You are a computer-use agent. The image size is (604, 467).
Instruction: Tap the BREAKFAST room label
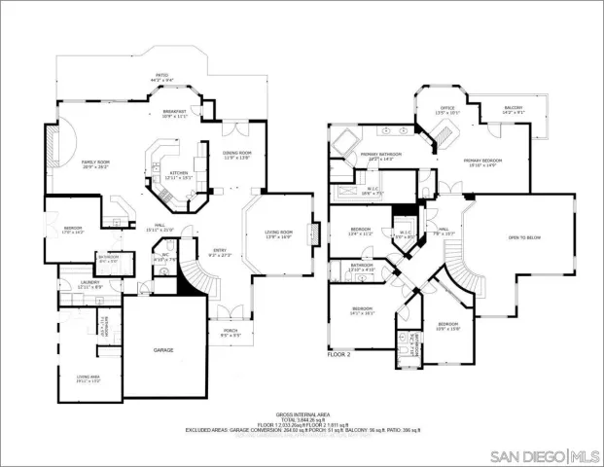tap(175, 112)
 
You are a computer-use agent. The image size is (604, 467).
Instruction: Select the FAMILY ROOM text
tap(95, 162)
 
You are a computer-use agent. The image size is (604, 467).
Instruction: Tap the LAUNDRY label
tap(90, 282)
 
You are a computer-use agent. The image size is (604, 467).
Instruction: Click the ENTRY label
tap(221, 251)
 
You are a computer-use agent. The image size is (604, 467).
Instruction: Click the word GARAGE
tap(163, 348)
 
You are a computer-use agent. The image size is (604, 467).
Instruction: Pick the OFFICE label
tap(447, 108)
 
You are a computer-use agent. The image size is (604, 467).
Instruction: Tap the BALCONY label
tap(514, 108)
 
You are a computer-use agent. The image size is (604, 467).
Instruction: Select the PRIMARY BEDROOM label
tap(480, 161)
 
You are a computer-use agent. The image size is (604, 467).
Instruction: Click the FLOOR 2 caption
tap(340, 356)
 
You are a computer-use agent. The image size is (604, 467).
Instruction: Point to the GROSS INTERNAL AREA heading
tap(302, 413)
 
